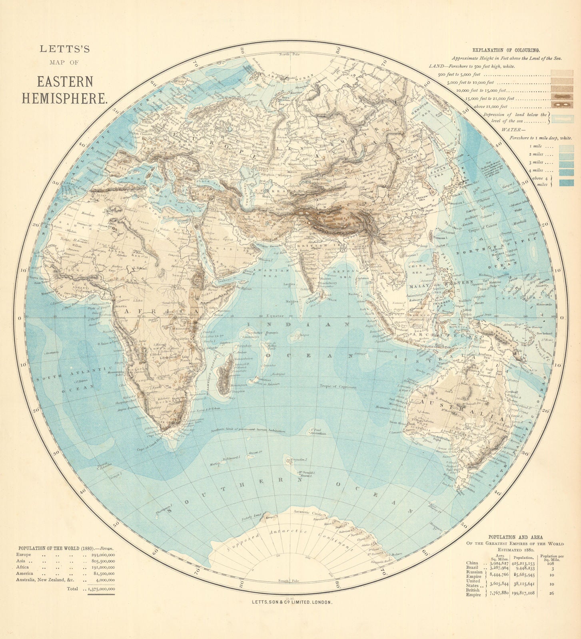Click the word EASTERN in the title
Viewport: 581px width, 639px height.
(65, 81)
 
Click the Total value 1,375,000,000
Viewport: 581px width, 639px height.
(101, 589)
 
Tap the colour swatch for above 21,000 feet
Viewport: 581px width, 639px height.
(561, 105)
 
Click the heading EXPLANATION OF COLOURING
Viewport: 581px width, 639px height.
(506, 50)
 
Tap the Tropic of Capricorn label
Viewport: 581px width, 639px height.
(337, 386)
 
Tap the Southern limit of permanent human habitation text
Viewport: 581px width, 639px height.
(248, 431)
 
